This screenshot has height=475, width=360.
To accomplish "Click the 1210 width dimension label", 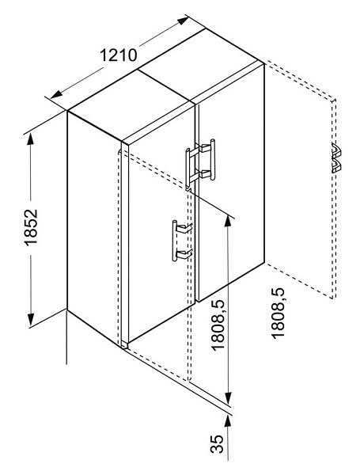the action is [x=119, y=55].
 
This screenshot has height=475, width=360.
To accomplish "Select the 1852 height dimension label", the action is [x=31, y=227].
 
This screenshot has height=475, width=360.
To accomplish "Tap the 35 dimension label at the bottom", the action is [x=217, y=444].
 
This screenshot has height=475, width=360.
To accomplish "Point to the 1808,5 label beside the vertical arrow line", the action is [x=218, y=325].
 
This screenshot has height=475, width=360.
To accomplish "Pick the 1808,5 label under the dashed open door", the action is [x=278, y=313].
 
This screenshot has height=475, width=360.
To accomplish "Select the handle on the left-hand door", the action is [x=182, y=241].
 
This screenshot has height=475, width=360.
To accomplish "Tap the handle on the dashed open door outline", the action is [x=336, y=158].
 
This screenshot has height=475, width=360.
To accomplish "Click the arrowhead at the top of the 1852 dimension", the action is [x=31, y=139].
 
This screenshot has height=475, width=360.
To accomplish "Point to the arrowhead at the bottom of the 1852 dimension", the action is [x=31, y=320].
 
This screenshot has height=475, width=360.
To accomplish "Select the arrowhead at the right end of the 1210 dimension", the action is [x=183, y=21].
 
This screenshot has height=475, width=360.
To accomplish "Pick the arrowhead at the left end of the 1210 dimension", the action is [x=56, y=94].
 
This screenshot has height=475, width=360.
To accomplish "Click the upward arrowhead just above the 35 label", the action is [x=228, y=421].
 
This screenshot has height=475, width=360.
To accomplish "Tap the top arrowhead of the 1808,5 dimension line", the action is [x=228, y=221].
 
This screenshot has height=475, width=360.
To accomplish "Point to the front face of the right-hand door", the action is [x=231, y=183].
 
